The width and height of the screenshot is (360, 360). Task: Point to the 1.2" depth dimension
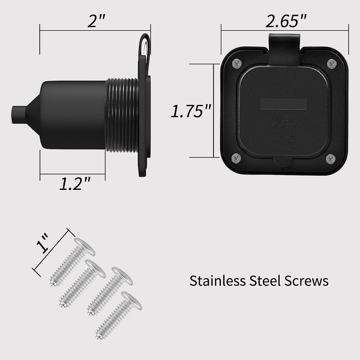[x=74, y=184]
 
